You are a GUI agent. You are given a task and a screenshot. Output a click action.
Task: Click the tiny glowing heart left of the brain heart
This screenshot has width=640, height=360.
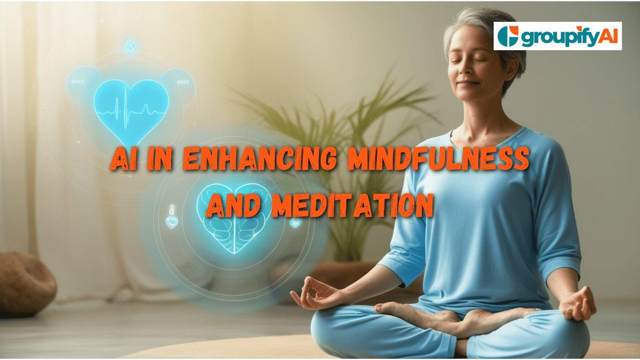point(171,222)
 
